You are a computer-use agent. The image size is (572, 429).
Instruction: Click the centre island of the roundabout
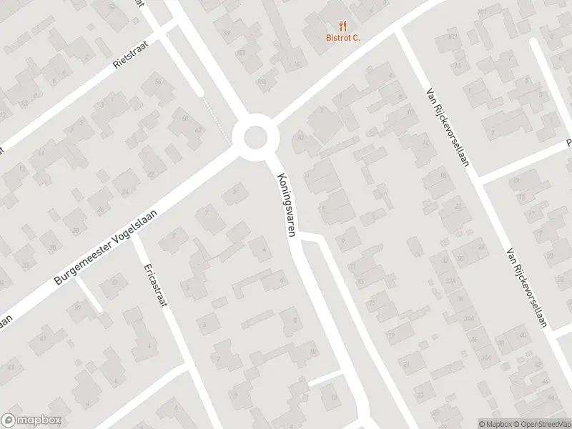255,137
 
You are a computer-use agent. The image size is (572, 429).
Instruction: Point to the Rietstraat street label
130,52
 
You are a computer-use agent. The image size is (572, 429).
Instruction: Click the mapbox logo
31,420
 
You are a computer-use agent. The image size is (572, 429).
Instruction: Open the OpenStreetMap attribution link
543,423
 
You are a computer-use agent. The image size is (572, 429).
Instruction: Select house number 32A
450,281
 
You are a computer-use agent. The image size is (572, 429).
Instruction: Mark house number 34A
469,318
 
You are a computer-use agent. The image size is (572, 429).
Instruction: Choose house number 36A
487,357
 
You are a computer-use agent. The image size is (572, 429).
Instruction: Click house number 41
43,338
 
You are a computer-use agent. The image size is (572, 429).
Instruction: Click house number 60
184,119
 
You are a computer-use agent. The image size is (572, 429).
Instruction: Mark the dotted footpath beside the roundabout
217,118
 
